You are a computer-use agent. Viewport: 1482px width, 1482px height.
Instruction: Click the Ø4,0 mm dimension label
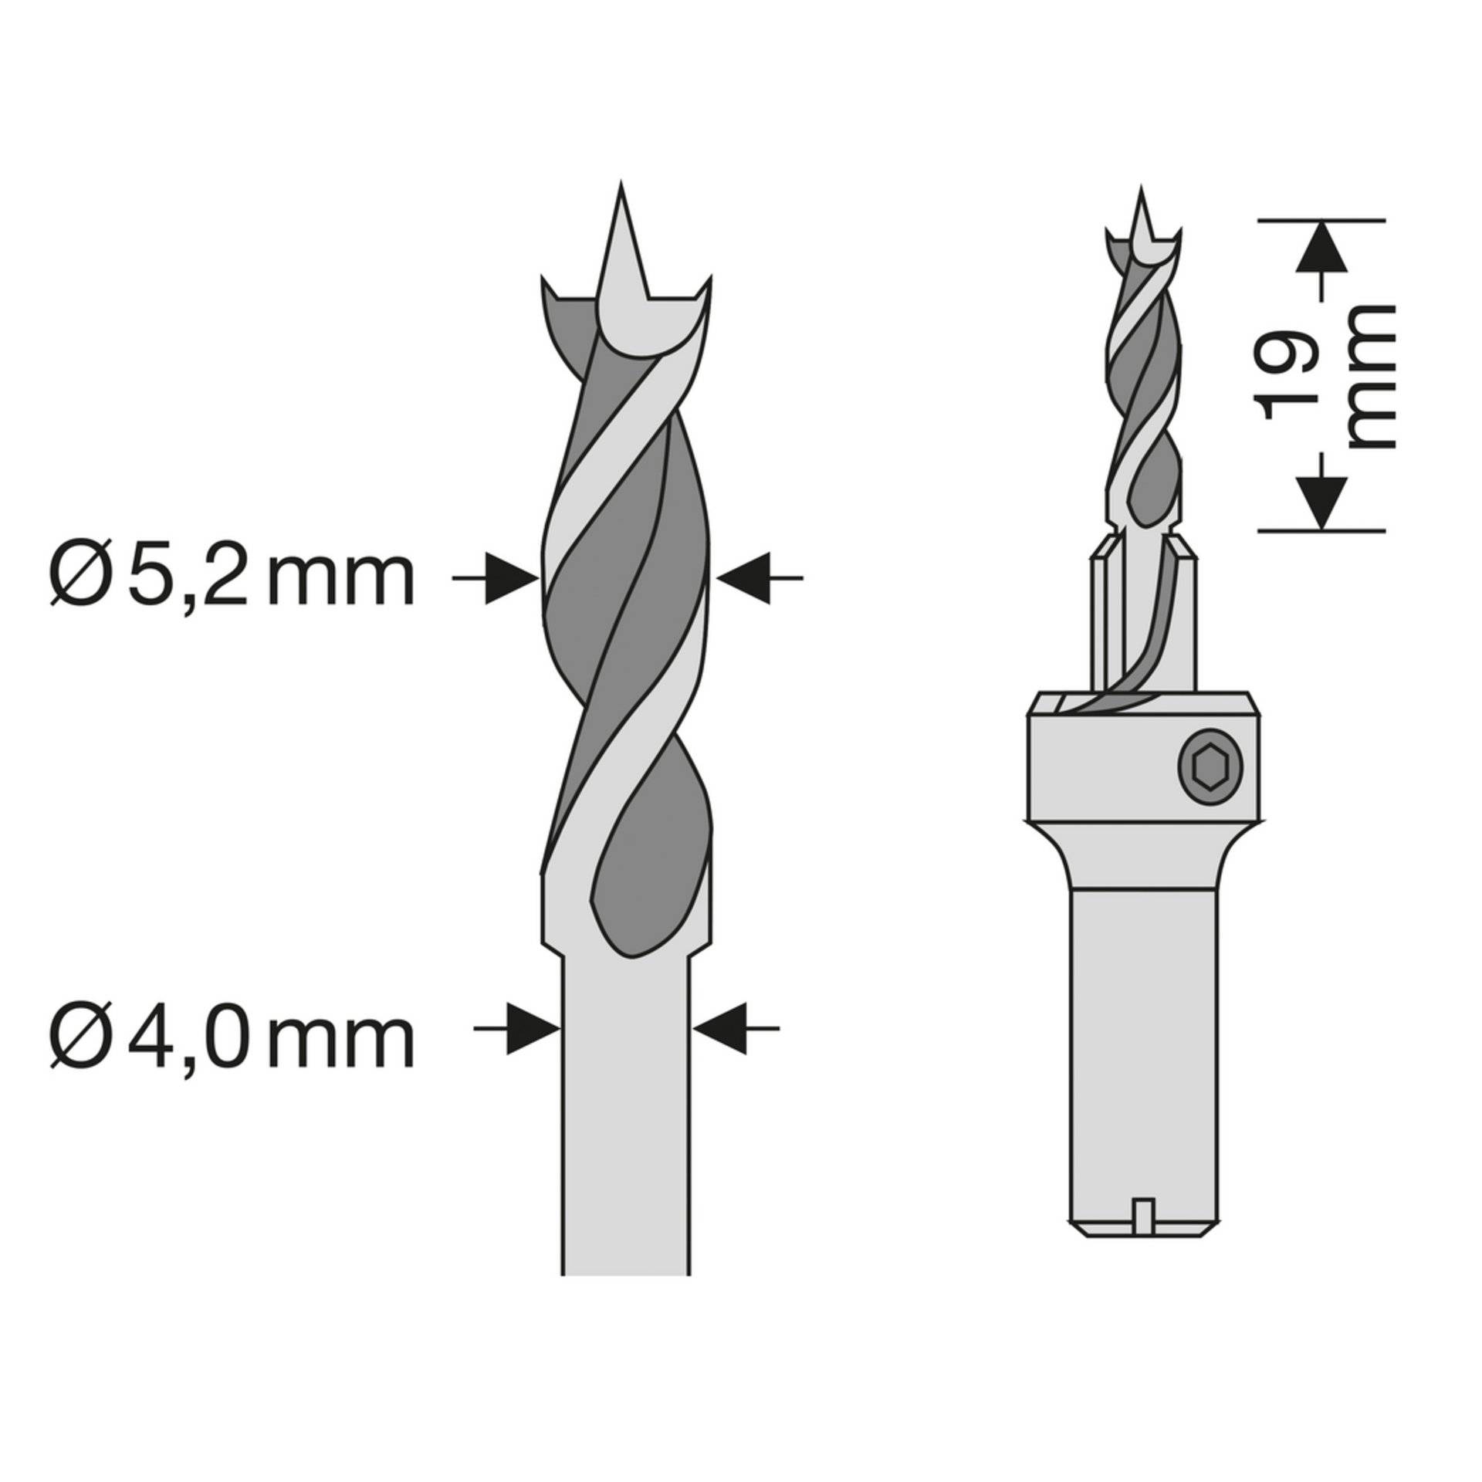pos(232,1039)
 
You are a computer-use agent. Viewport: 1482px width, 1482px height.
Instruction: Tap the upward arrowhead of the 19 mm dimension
pos(1321,247)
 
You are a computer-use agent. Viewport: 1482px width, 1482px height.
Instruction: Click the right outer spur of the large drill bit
pos(704,286)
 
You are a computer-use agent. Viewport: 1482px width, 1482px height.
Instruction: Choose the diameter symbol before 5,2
pos(78,578)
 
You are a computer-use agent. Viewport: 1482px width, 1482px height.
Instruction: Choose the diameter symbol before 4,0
pos(78,1040)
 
